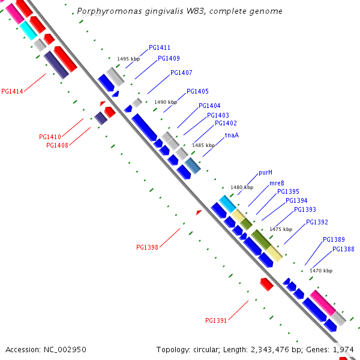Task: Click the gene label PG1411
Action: point(160,47)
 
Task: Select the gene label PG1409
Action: point(169,59)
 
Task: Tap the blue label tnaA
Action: point(232,135)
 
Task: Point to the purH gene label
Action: point(266,172)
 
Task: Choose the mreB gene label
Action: point(277,183)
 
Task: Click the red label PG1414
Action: point(12,92)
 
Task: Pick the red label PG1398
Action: point(147,247)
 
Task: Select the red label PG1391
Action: point(216,320)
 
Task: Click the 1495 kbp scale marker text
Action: point(128,59)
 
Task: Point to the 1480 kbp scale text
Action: point(242,187)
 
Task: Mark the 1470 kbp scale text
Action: point(321,271)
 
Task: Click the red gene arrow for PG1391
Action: point(266,284)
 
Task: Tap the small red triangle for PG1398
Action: point(199,212)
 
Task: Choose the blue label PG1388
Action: point(343,250)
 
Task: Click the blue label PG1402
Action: point(226,124)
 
